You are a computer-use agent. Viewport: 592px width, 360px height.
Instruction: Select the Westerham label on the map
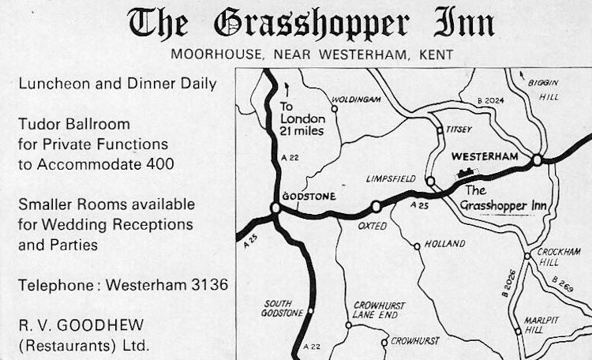point(485,156)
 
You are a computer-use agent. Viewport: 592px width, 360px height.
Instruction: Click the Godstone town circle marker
point(275,208)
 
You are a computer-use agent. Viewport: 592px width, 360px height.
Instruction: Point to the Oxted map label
point(371,226)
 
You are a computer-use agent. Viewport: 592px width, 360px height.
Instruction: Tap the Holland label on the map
point(445,244)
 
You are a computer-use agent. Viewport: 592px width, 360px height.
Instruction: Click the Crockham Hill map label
point(559,257)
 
